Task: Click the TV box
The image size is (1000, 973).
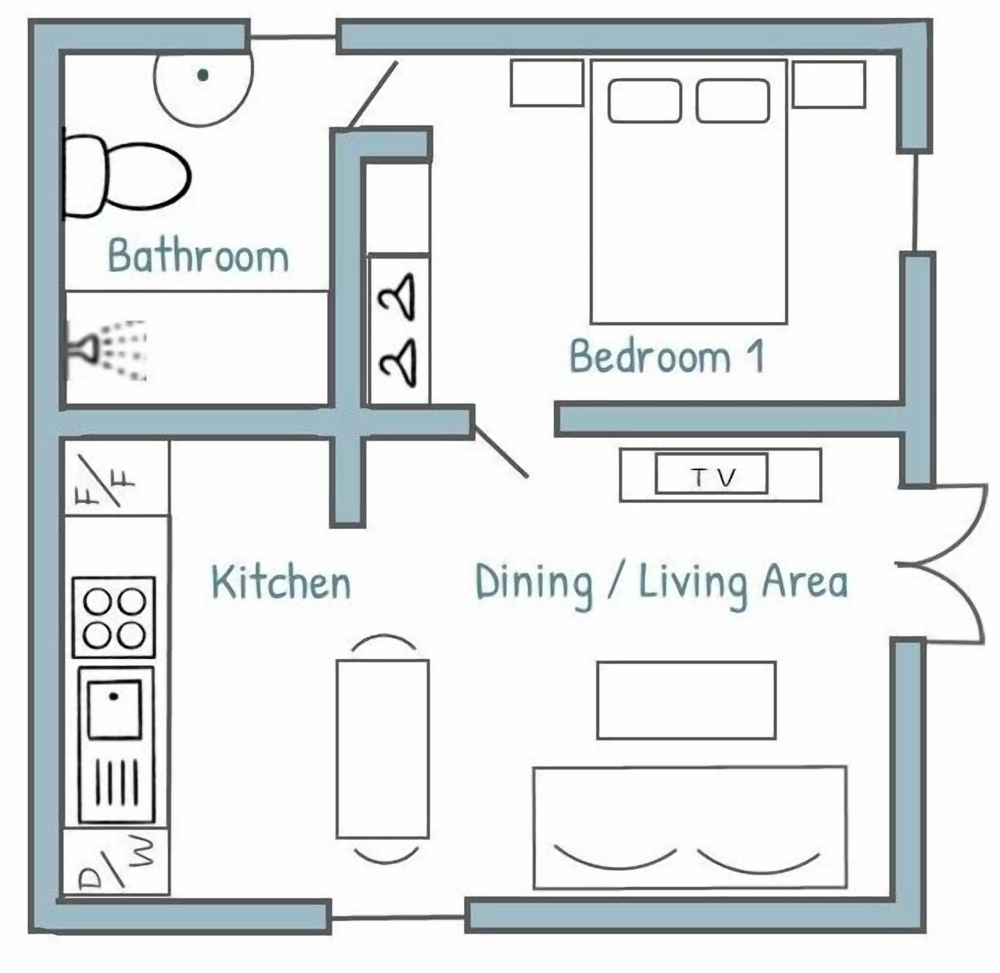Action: [711, 474]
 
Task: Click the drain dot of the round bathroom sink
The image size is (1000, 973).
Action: [203, 76]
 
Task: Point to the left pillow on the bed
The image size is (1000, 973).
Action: [645, 100]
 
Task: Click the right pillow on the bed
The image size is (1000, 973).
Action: [732, 100]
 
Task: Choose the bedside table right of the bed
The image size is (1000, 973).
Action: [829, 84]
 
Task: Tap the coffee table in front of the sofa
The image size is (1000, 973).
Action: [686, 700]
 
